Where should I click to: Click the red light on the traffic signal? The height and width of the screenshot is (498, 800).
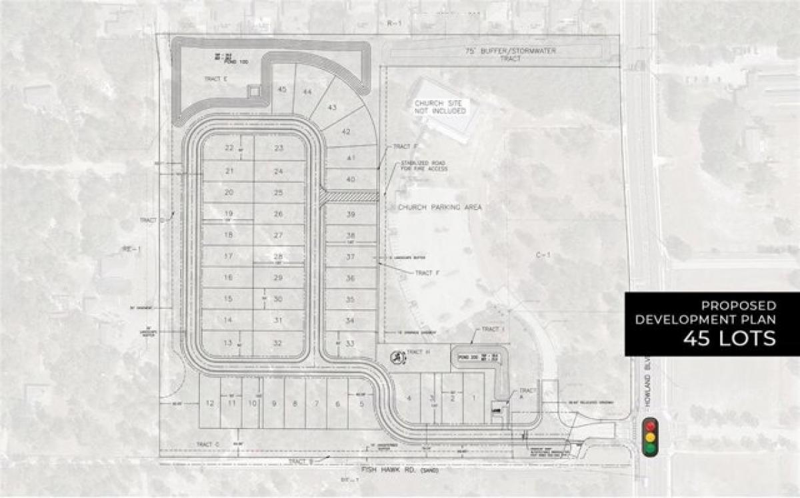[650, 425]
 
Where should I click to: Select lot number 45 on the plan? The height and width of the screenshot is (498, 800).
[282, 89]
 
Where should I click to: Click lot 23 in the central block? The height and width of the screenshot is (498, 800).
[279, 148]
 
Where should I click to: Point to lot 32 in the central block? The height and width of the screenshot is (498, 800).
[278, 343]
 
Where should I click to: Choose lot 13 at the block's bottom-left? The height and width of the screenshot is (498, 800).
[228, 343]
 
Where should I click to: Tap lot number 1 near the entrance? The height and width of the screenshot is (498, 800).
[474, 399]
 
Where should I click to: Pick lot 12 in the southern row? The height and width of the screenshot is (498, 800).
[209, 403]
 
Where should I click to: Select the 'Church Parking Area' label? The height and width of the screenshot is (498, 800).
[439, 208]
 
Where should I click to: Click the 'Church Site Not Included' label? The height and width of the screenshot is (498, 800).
[441, 107]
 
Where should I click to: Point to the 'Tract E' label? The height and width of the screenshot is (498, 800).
[217, 79]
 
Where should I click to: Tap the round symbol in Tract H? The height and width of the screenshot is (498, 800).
[396, 358]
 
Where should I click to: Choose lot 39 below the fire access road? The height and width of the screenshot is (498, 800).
[351, 215]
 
